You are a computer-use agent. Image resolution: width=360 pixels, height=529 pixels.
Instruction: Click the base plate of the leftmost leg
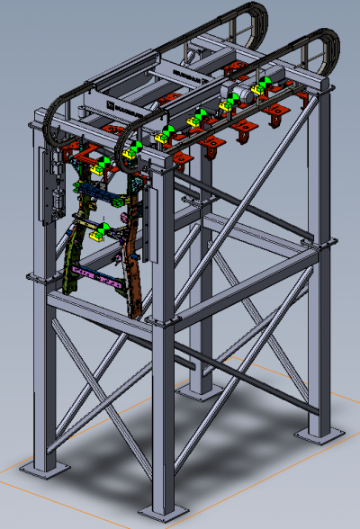[x=43, y=470]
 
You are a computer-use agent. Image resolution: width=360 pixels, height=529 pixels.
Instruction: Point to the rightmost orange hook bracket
[x=274, y=112]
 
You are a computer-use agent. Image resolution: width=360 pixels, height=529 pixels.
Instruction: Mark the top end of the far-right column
[x=321, y=85]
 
